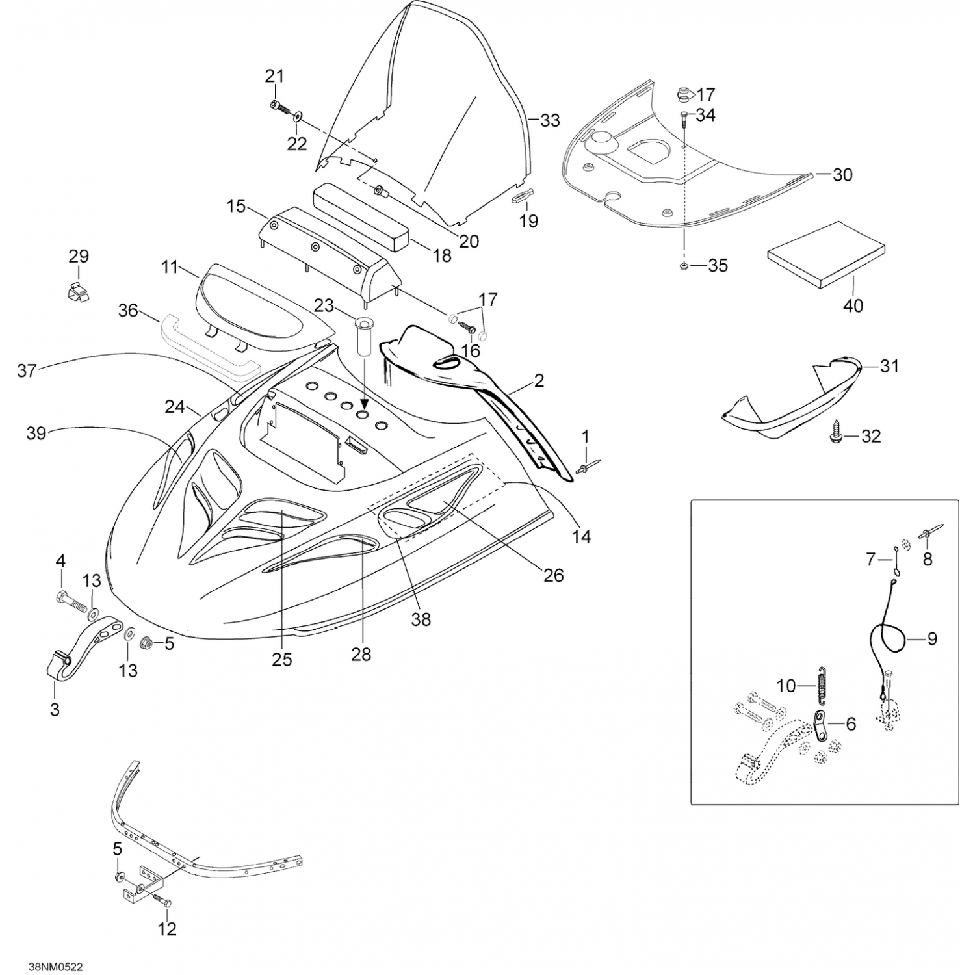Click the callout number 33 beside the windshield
550,120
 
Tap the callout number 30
842,174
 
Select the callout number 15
236,206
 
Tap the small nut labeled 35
684,266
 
